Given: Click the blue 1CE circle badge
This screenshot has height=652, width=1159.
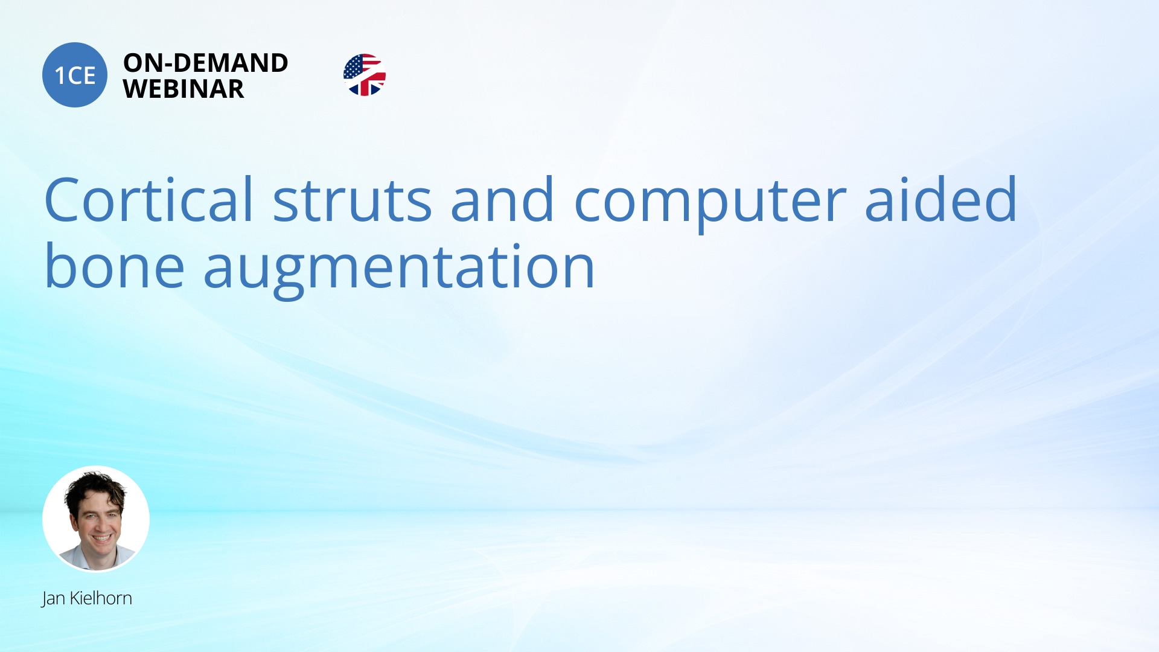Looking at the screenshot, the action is pos(75,75).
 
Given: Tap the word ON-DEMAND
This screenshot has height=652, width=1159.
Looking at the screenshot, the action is pos(206,63).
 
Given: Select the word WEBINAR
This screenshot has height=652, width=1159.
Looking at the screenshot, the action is pos(184,89).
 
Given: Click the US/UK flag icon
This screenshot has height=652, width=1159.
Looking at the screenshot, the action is pos(365,75).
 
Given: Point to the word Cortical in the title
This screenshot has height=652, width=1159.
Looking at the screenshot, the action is pos(148,199).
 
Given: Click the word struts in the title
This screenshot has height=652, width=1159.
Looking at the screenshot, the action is pos(353,200).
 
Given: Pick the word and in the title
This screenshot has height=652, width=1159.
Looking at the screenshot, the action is pos(502,199).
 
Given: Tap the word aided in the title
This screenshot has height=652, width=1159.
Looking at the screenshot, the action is pos(941,199).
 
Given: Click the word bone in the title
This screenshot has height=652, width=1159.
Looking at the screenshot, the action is pos(115,265).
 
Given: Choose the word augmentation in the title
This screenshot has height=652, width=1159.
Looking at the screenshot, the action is pos(400,270).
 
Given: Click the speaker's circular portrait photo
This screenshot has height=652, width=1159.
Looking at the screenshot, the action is pos(96,519).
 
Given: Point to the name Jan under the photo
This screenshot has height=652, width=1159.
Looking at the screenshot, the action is pos(53,598).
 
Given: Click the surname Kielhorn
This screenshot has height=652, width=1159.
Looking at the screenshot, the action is pos(101,598).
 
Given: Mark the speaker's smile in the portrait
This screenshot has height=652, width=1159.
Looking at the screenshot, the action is pos(101,537).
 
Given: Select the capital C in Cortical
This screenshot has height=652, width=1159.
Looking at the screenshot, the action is pos(62,200).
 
